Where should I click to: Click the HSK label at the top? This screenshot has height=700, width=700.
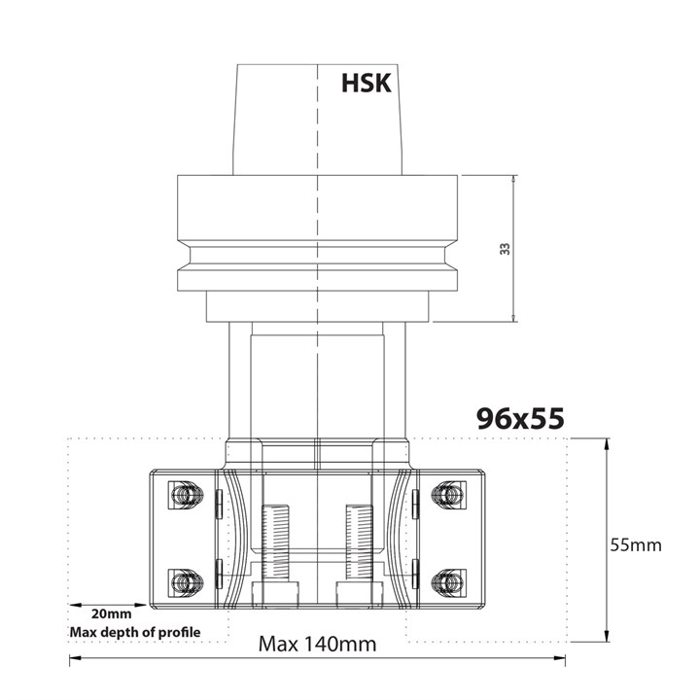coord(366,84)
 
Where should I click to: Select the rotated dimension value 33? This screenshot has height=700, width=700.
coord(505,249)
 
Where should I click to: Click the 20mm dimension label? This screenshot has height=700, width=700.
coord(112,614)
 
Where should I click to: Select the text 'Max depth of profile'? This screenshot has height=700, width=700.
coord(135,633)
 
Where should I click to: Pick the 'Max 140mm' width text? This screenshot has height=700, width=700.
coord(317,644)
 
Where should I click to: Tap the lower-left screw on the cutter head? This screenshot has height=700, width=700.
coord(184,582)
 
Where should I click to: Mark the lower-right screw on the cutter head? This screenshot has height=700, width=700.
coord(446,582)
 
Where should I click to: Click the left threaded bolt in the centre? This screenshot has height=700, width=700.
coord(276,540)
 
